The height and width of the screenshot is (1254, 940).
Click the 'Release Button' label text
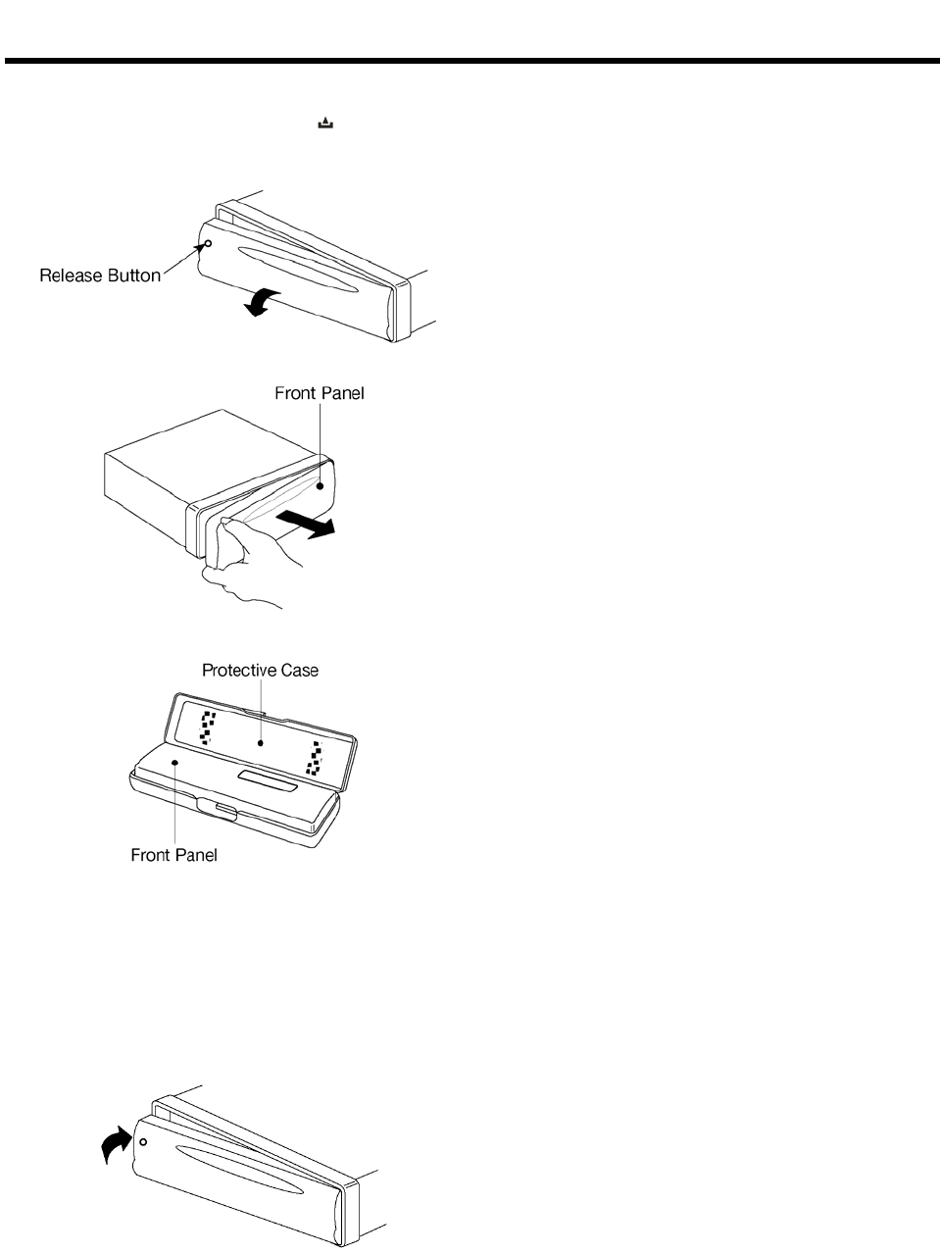coord(99,276)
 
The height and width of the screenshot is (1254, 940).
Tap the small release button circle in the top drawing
coord(208,244)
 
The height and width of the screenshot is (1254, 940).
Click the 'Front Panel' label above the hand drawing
coord(320,394)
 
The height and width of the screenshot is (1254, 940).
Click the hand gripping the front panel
coord(245,559)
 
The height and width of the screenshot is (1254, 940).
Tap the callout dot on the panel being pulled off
coord(321,483)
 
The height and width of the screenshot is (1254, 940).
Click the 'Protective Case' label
coord(260,671)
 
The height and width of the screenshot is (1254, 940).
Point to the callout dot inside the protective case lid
coord(261,743)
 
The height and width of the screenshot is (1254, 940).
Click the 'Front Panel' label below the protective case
coord(173,855)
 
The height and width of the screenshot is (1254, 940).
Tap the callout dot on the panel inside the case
coord(173,761)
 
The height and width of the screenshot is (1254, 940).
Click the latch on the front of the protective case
coord(218,808)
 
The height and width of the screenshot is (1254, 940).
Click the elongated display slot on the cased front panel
coord(268,777)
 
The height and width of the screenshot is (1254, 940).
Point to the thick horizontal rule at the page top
coord(470,62)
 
